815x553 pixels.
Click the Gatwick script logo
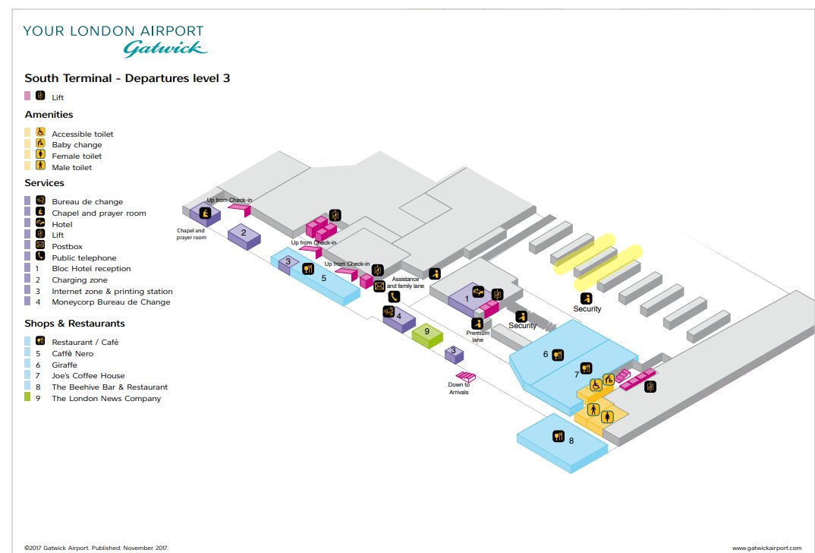165,49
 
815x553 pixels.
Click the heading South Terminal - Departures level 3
127,78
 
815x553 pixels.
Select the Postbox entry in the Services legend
67,247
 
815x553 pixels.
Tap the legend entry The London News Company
106,399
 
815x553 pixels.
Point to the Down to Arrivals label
458,389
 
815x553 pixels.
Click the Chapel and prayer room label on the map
191,234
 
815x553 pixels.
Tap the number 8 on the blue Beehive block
571,441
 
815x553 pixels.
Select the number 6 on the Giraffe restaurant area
546,354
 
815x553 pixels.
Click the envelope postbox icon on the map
379,286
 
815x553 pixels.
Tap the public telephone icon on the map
394,296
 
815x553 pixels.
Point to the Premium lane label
477,336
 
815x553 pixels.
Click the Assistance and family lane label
405,283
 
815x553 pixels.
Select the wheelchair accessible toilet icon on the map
596,385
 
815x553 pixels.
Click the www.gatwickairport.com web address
766,548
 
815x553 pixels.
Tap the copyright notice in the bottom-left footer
96,548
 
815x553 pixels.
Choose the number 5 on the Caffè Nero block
324,278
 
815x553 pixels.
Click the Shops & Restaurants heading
75,324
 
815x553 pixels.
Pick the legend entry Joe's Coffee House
88,375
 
